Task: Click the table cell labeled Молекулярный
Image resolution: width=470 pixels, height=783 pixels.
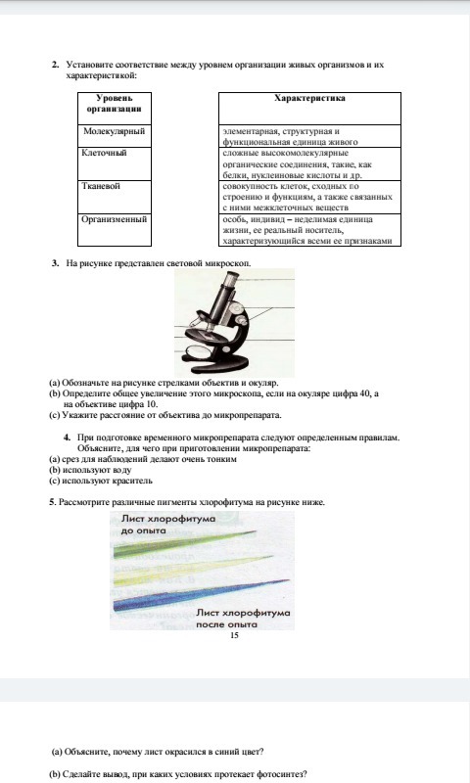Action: coord(115,136)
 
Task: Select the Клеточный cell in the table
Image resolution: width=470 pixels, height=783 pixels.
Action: coord(115,163)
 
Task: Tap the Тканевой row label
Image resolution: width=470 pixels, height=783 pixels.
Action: coord(115,198)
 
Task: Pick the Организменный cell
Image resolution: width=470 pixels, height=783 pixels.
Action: coord(115,230)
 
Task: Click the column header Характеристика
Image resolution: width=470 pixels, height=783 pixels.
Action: coord(309,99)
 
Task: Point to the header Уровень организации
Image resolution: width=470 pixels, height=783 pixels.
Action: coord(115,104)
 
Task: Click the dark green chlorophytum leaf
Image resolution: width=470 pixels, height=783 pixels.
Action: coord(185,543)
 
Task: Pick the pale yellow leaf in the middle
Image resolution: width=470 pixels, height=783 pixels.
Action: coord(193,570)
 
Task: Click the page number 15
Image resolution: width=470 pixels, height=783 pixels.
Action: coord(234,635)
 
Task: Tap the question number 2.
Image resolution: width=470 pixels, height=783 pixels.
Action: coord(55,65)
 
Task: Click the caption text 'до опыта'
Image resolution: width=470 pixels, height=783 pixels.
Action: coord(143,530)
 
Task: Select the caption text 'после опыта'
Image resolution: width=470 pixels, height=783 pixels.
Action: coord(226,624)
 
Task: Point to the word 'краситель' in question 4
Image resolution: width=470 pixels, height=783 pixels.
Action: coord(132,481)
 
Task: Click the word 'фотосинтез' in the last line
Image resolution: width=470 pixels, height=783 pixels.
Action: coord(282,774)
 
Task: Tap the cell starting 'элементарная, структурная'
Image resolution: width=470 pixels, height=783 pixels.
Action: coord(309,136)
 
